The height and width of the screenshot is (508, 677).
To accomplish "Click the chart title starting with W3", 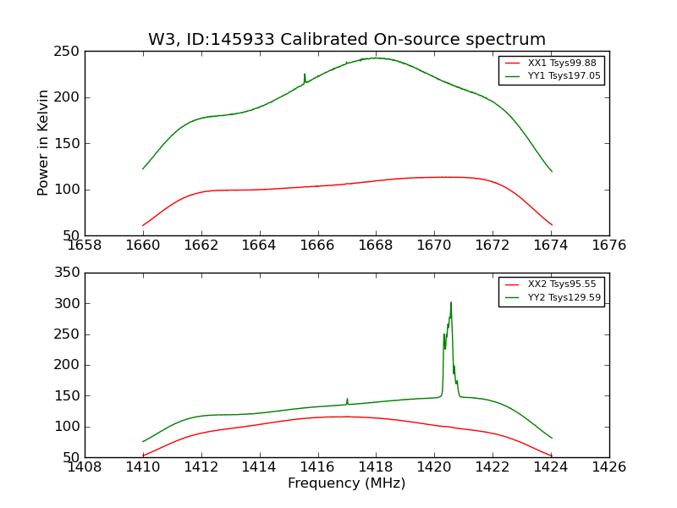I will [347, 39].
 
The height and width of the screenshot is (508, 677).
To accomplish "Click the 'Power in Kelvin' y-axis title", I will [43, 143].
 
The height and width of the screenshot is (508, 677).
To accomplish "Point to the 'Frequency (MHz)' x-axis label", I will [347, 483].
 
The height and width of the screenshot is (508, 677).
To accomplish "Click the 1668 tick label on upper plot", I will [376, 246].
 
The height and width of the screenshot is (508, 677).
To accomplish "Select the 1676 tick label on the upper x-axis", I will [608, 246].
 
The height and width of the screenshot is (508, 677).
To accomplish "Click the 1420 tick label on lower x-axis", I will [434, 467].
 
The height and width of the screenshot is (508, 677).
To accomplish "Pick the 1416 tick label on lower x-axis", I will [317, 467].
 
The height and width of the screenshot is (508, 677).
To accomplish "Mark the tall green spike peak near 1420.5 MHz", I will [451, 303].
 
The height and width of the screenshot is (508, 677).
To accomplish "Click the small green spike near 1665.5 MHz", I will [305, 75].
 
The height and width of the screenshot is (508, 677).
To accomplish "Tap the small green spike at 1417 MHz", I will [347, 399].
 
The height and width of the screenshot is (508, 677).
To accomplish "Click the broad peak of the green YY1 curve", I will [377, 58].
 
